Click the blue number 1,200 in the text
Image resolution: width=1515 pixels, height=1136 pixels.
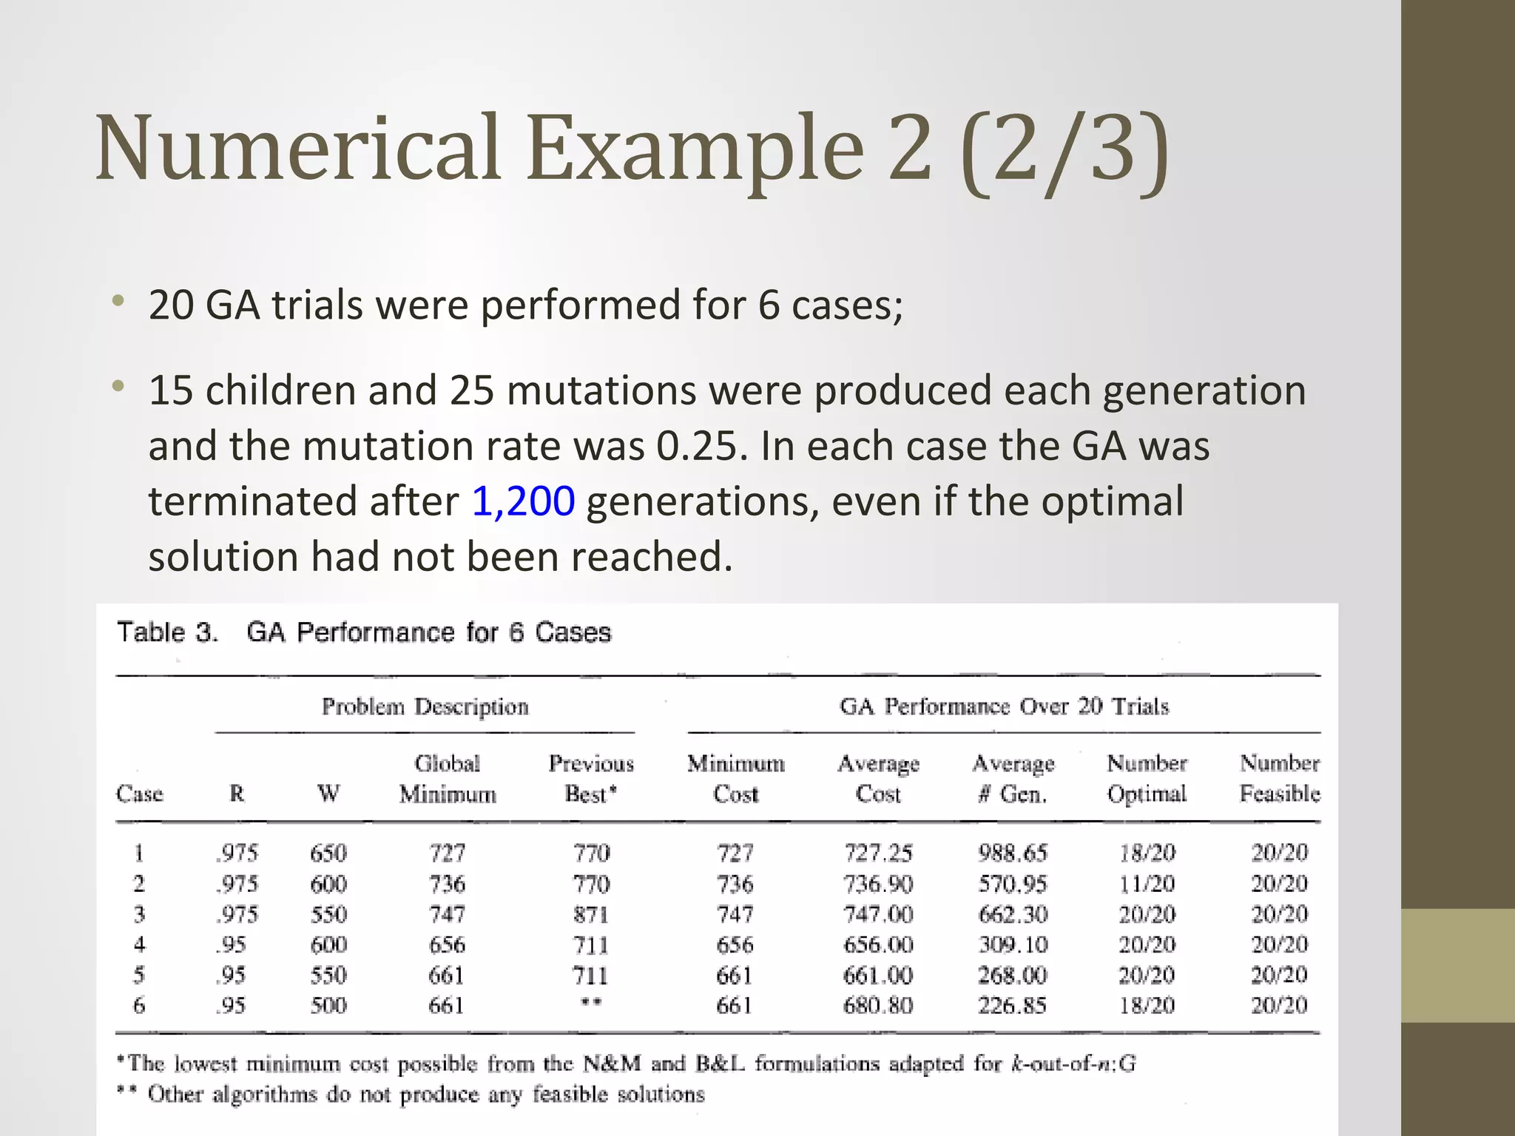click(523, 501)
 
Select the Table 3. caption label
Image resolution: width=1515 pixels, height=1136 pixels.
click(168, 632)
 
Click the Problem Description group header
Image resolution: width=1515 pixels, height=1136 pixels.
click(425, 706)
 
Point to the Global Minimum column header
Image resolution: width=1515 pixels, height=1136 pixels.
click(448, 778)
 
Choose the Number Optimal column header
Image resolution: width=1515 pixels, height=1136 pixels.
click(1147, 778)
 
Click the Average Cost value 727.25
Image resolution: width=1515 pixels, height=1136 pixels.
click(878, 853)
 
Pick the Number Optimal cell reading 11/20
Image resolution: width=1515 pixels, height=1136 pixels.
click(1147, 884)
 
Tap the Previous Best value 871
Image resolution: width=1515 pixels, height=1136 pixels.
click(591, 915)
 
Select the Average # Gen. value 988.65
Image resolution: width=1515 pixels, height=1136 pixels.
click(1013, 853)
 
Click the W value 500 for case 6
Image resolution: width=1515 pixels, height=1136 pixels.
click(328, 1006)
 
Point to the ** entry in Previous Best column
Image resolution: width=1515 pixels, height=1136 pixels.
click(591, 1004)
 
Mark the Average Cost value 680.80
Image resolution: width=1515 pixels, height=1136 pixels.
click(878, 1006)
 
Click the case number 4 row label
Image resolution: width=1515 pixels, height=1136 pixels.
click(139, 944)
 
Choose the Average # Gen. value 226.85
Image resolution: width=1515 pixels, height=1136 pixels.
click(1013, 1006)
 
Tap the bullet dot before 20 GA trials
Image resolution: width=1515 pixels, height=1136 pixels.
click(118, 301)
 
